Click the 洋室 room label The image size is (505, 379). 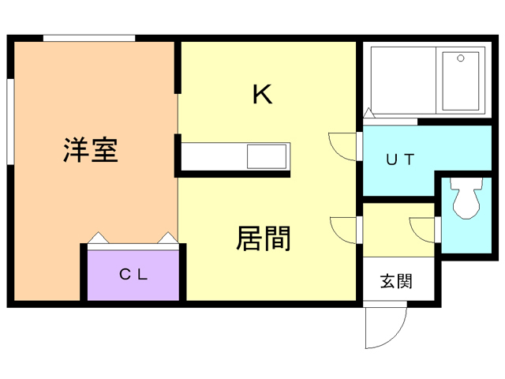(91, 149)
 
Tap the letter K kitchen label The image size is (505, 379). (262, 95)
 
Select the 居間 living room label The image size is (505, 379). (263, 237)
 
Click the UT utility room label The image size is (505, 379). (399, 158)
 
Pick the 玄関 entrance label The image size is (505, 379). (395, 280)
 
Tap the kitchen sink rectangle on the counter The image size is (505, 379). (267, 156)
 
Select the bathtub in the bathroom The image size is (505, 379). (462, 81)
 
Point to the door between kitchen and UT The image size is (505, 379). (345, 147)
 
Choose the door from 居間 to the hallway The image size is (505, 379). (346, 229)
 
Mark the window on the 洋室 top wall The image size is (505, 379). (88, 37)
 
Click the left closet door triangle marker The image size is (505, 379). (96, 237)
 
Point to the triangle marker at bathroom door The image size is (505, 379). (368, 114)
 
